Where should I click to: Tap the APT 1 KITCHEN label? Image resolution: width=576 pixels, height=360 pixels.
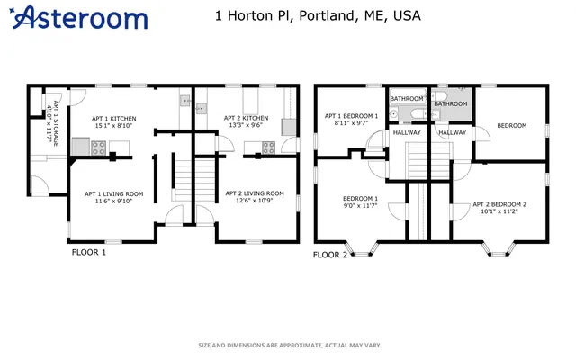tap(114, 118)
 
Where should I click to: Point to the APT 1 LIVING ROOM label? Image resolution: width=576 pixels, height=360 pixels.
tap(114, 193)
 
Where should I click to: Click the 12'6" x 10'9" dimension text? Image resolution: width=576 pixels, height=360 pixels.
tap(254, 201)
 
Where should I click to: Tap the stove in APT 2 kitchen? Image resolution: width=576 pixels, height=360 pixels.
tap(268, 148)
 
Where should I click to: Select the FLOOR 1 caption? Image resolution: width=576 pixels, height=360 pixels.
tap(89, 253)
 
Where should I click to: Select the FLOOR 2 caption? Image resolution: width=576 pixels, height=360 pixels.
tap(329, 255)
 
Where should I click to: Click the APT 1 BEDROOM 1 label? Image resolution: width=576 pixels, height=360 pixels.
tap(351, 116)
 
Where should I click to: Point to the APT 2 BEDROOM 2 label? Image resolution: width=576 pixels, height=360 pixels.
tap(499, 204)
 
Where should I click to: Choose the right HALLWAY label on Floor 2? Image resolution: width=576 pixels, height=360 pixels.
tap(452, 133)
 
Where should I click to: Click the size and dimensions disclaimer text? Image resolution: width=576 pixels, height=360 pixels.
tap(290, 346)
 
